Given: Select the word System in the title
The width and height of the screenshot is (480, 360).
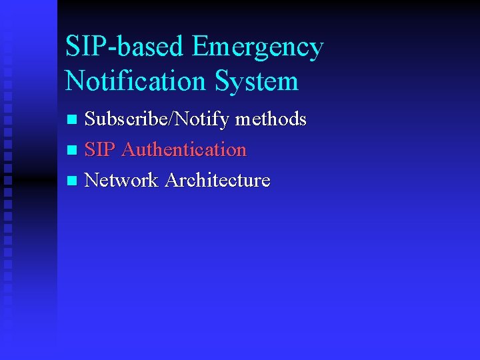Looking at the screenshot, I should (x=257, y=82).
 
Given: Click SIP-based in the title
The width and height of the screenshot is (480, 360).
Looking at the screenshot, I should (x=125, y=47).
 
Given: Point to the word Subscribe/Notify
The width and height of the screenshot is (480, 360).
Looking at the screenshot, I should (x=157, y=120).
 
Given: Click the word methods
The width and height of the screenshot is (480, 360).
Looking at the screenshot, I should (x=271, y=119).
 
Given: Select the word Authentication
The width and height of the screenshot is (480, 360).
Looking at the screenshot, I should (x=185, y=149).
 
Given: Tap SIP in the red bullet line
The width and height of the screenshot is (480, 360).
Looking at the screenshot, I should (x=101, y=149).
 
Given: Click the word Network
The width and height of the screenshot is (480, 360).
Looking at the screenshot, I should (x=122, y=180).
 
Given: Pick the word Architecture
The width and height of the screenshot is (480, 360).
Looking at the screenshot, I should (x=217, y=180).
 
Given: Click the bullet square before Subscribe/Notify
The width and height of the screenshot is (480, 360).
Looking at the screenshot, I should (x=73, y=121).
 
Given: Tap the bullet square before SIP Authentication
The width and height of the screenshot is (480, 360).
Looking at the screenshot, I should (x=73, y=151).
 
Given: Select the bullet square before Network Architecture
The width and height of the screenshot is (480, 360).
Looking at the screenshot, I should (x=73, y=181).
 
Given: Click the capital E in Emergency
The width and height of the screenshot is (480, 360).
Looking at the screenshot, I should (x=199, y=47).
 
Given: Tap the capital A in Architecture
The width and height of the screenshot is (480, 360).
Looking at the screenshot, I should (x=171, y=180).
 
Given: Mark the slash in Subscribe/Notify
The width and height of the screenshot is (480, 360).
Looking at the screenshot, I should (x=173, y=120).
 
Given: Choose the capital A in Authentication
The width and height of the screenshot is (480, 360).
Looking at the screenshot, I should (x=129, y=149).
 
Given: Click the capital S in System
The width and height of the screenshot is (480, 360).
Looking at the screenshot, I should (x=223, y=81).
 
